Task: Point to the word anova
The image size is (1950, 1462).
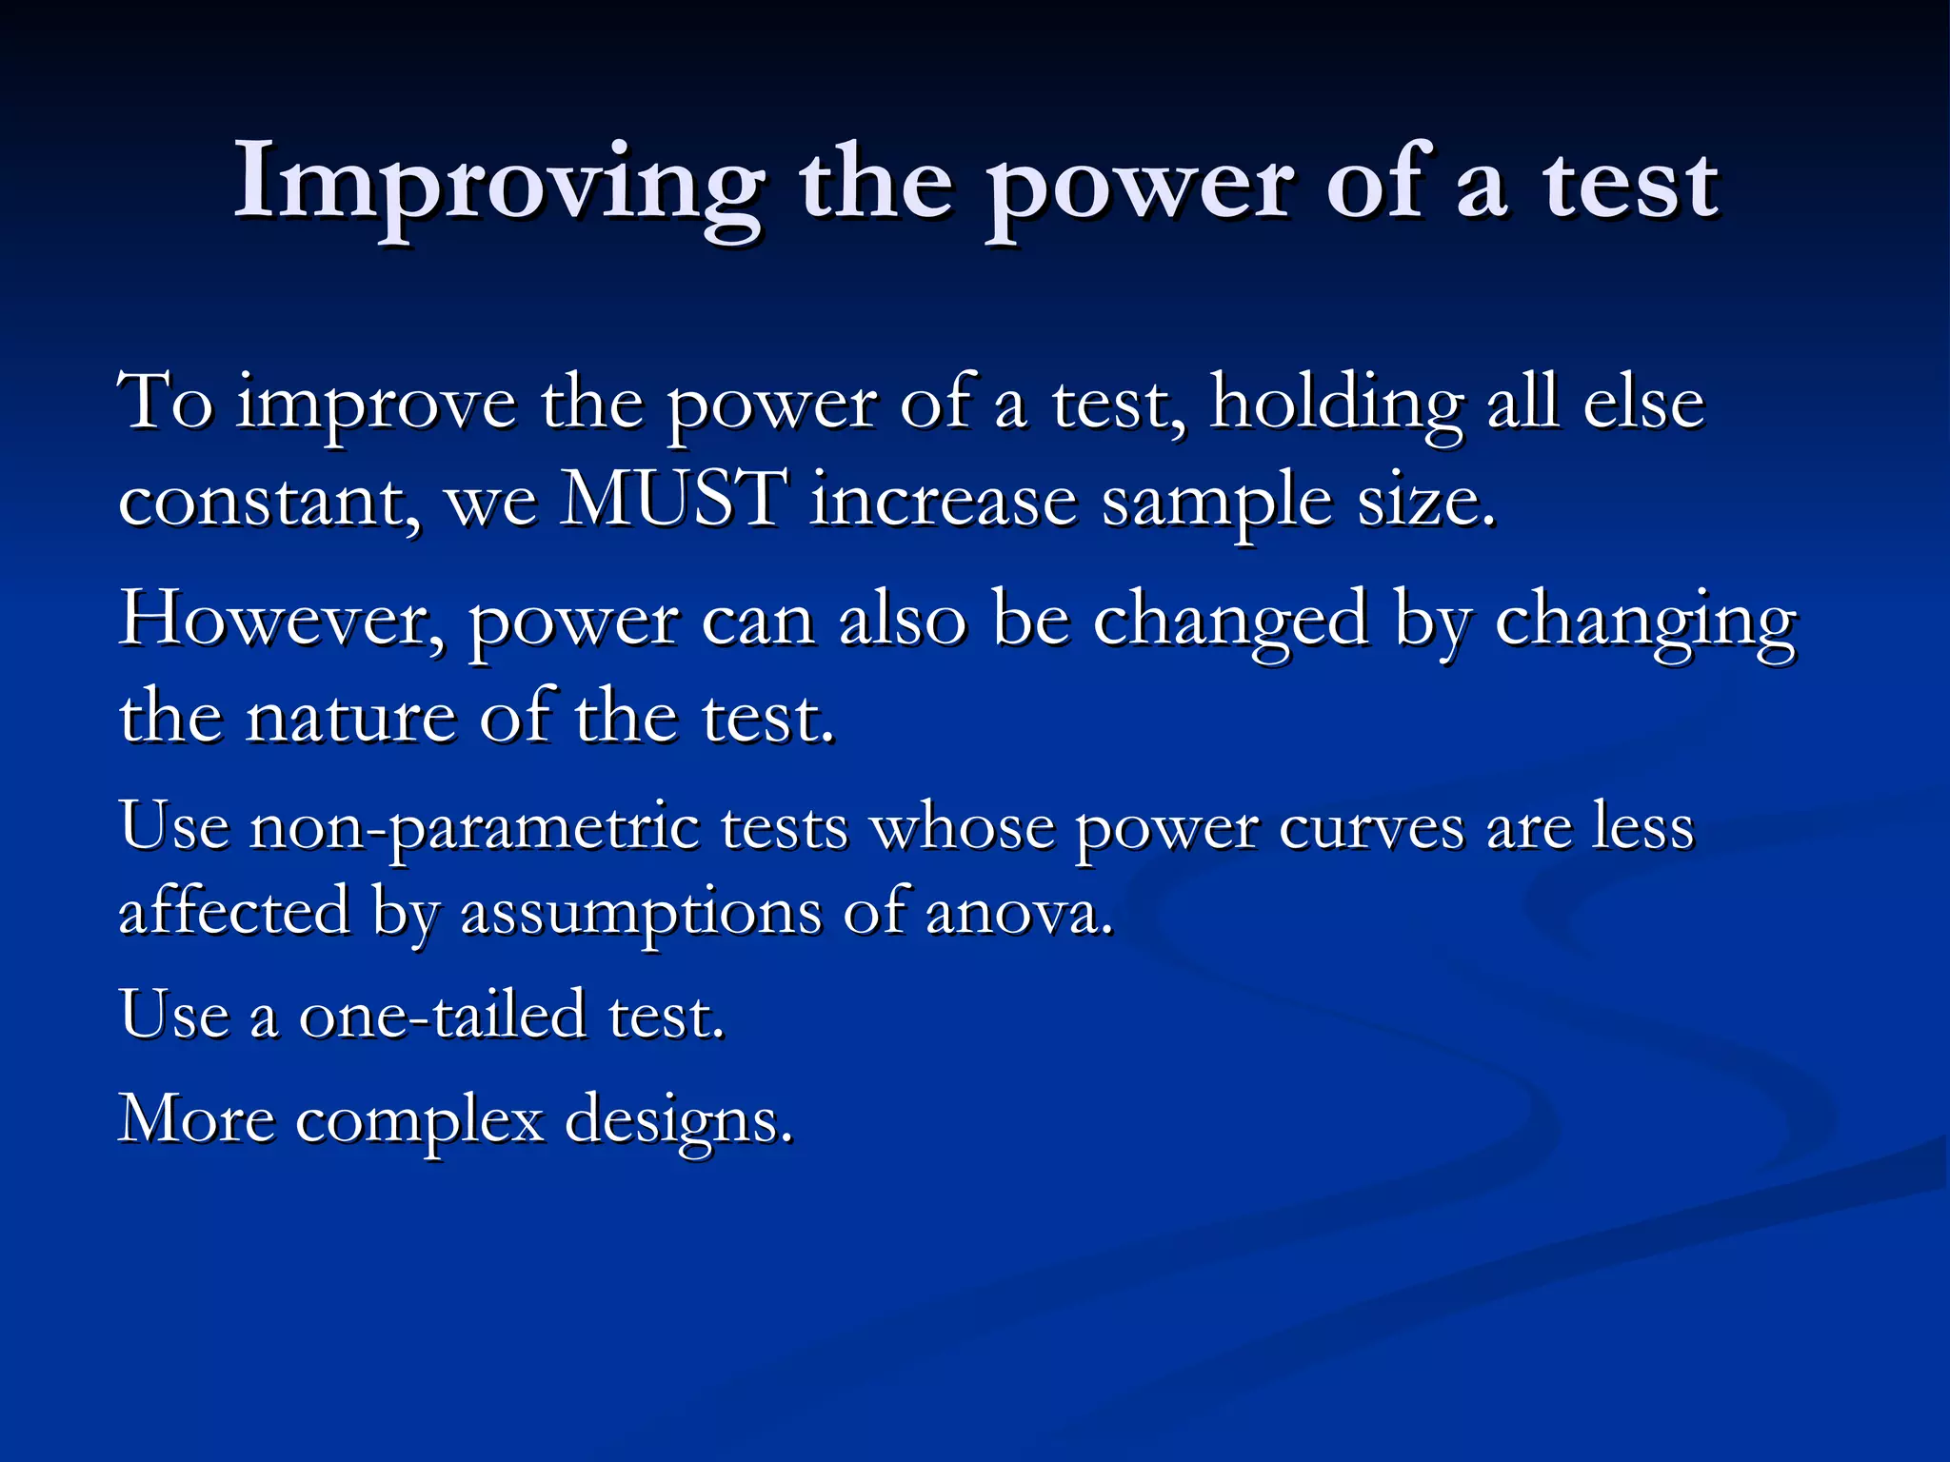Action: coord(1018,913)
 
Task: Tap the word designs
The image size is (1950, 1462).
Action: coord(679,1121)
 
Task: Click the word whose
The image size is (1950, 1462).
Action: coord(963,827)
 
